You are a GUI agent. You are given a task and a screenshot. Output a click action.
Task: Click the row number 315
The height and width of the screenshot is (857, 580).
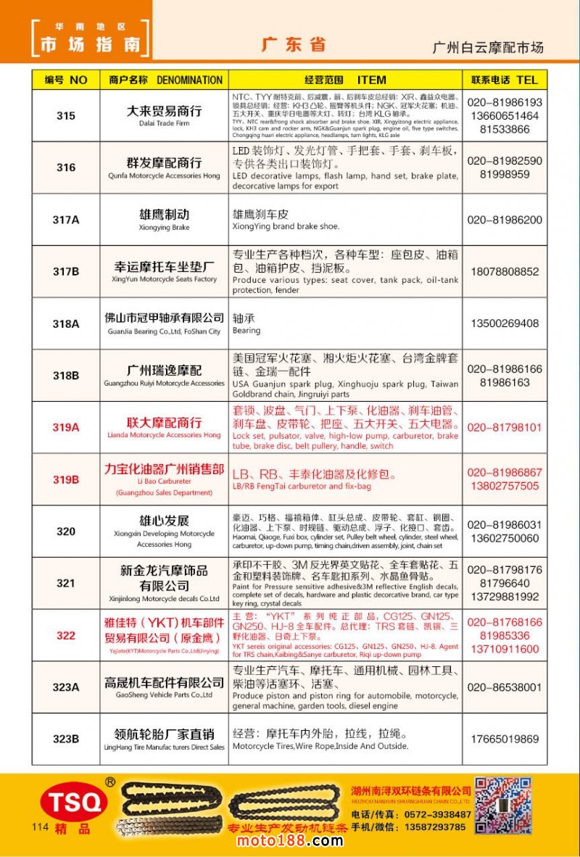(65, 116)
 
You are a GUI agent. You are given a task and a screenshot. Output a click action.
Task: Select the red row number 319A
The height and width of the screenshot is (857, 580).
(65, 428)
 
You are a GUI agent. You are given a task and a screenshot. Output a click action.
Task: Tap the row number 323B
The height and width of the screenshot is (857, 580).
(65, 740)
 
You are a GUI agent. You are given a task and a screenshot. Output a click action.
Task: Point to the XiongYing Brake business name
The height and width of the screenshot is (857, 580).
(164, 219)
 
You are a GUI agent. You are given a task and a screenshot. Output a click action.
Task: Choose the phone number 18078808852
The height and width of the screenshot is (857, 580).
(505, 272)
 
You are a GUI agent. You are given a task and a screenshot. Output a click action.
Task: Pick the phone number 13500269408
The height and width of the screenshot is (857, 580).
(505, 323)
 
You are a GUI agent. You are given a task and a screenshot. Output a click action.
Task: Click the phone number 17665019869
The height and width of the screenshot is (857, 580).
(505, 740)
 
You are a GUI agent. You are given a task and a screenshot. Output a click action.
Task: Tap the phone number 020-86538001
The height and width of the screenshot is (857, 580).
(505, 687)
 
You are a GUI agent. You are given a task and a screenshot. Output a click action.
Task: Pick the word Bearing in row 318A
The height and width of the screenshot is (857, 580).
(246, 331)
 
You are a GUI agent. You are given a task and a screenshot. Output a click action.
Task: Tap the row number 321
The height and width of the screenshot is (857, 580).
(65, 584)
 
